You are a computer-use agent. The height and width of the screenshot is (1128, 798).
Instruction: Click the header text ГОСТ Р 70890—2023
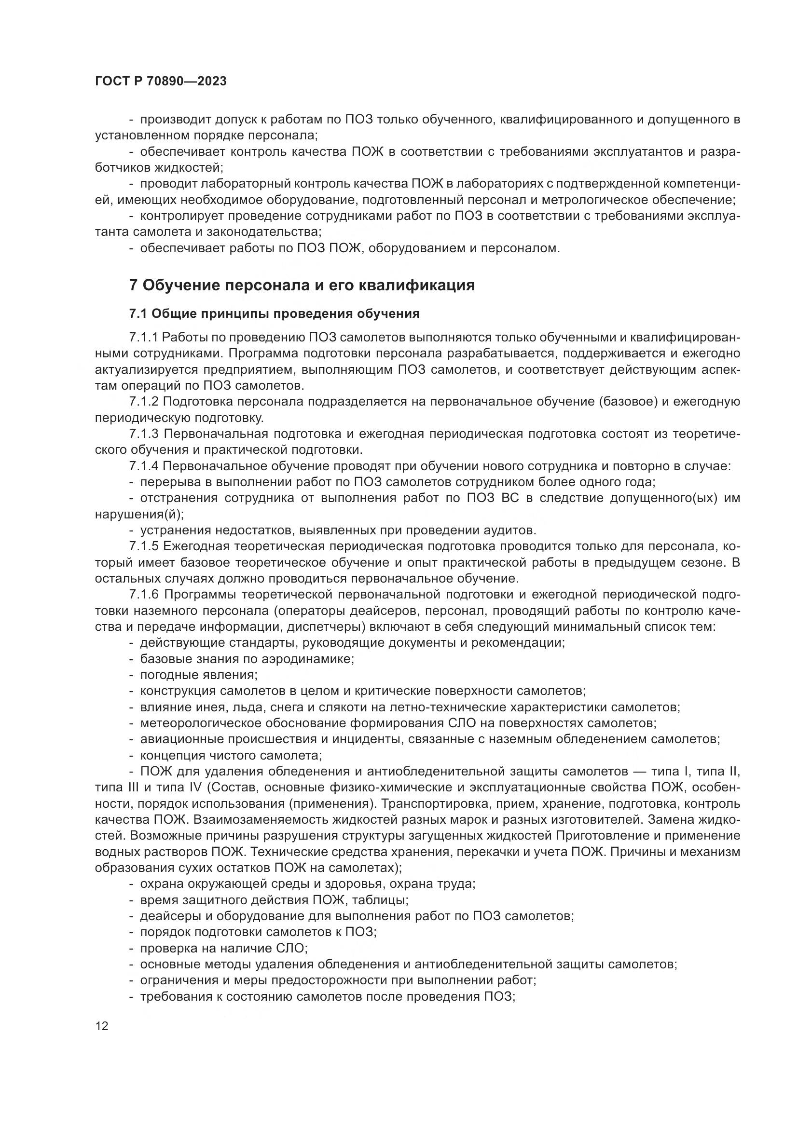tap(161, 82)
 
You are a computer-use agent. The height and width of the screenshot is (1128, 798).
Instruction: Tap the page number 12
tap(102, 1026)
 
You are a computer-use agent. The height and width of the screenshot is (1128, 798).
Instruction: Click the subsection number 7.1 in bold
tap(138, 313)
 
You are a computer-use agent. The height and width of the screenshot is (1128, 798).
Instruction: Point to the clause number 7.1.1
tap(143, 338)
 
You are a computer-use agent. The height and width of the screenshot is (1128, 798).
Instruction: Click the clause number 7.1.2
tap(143, 402)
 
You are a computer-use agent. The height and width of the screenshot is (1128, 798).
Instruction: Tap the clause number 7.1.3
tap(143, 434)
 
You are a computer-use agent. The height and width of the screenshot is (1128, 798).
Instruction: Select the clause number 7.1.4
tap(143, 466)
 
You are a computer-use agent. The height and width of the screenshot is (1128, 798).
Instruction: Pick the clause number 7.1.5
tap(143, 546)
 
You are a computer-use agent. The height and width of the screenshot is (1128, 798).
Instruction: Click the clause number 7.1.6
tap(143, 595)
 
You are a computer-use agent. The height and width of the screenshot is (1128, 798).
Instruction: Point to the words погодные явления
tap(199, 675)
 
